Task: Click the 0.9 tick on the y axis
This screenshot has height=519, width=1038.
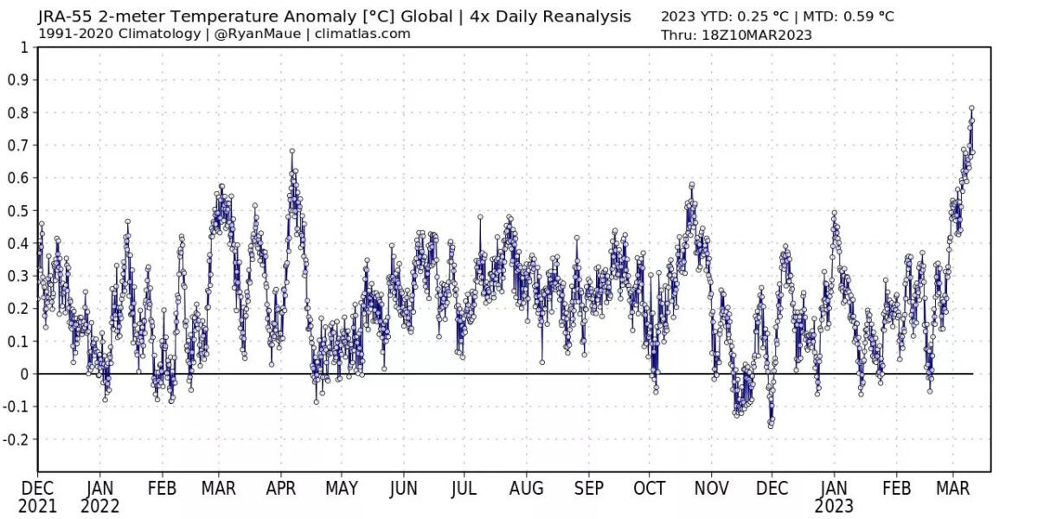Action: coord(18,80)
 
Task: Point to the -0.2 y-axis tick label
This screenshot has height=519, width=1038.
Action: coord(16,439)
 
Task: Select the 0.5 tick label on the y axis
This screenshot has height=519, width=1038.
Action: coord(18,211)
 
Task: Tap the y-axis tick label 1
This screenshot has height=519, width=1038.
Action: coord(23,47)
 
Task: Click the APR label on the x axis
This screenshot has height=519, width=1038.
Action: coord(280,489)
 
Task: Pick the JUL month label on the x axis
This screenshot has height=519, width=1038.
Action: coord(464,489)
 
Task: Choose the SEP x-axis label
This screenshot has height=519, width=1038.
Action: coord(588,489)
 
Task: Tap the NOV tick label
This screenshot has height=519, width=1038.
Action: coord(711,489)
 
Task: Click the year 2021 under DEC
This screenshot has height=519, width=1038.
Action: coord(39,506)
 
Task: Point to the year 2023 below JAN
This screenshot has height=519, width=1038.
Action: coord(834,506)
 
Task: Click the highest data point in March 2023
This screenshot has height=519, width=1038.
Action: coord(971,108)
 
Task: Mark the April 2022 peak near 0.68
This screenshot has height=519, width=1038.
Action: coord(292,151)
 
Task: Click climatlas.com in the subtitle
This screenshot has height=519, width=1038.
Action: coord(362,34)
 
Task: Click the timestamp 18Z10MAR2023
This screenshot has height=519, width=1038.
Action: coord(755,35)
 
